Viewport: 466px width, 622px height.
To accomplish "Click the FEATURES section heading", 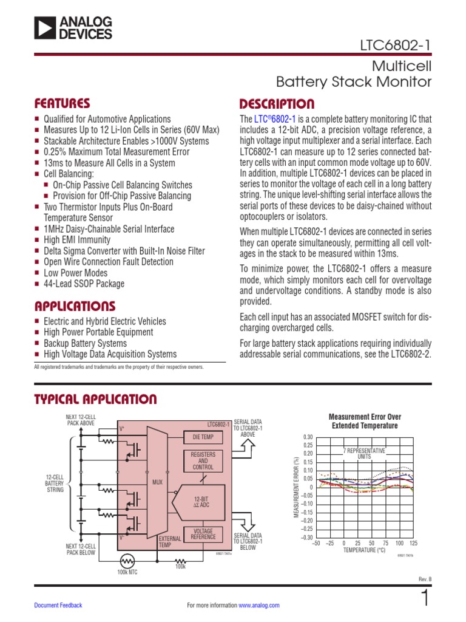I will coord(62,103).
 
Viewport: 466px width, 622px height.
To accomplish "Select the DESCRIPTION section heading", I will coord(277,104).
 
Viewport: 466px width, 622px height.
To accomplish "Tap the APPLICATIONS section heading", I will coord(75,306).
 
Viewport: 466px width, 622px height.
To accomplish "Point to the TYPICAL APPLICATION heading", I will coord(96,399).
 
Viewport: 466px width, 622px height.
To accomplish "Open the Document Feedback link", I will coord(58,605).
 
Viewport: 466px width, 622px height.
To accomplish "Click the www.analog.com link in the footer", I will coord(259,605).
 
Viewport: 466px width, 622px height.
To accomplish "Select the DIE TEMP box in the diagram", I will coord(203,437).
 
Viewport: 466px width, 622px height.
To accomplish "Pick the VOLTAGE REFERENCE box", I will coord(203,534).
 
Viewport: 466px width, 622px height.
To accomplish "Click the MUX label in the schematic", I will coord(157,482).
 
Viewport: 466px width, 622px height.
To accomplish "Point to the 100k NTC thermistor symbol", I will coord(127,560).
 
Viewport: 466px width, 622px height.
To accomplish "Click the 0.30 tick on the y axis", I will coord(308,437).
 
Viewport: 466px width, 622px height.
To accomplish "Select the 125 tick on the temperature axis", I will coord(414,542).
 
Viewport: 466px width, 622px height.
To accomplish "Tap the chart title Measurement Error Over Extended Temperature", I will coord(365,422).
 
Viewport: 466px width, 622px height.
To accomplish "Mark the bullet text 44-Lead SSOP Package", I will coord(84,284).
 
